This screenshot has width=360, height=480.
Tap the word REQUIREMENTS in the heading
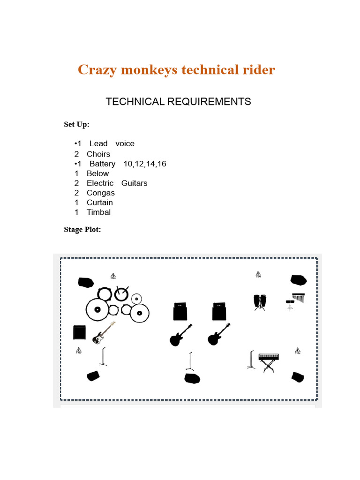[x=209, y=102]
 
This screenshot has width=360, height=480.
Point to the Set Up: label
[x=76, y=124]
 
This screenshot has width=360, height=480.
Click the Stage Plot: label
[x=82, y=229]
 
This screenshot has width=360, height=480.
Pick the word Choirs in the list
[x=98, y=154]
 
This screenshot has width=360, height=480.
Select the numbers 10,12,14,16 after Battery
[x=145, y=164]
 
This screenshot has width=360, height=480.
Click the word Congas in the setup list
[x=101, y=193]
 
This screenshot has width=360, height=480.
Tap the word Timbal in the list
[x=99, y=212]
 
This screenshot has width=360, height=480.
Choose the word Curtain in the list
[x=100, y=202]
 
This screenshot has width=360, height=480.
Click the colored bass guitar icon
[x=104, y=333]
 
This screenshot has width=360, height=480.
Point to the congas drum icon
[x=259, y=302]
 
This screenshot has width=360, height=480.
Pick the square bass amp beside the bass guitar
[x=80, y=332]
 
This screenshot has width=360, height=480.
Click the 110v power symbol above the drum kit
[x=113, y=276]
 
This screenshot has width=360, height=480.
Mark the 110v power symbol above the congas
[x=258, y=275]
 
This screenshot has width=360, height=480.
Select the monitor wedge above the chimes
[x=298, y=280]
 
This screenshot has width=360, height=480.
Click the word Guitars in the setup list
[x=135, y=183]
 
